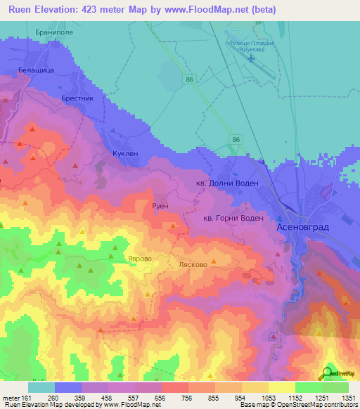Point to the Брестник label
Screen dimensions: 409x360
pyautogui.click(x=77, y=99)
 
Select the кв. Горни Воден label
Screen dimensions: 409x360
pyautogui.click(x=233, y=219)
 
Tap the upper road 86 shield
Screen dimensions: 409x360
pyautogui.click(x=190, y=81)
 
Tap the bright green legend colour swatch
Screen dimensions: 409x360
pyautogui.click(x=309, y=387)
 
